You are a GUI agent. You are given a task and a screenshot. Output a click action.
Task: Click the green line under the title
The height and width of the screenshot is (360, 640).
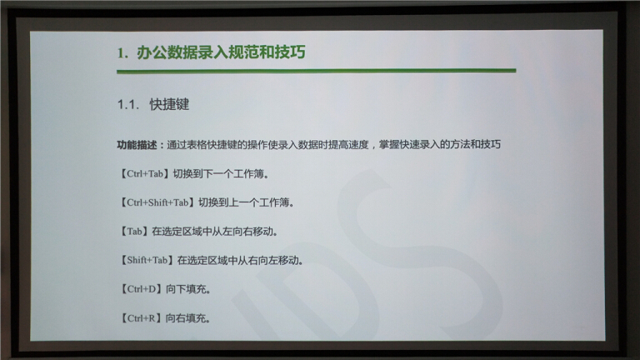[317, 71]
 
